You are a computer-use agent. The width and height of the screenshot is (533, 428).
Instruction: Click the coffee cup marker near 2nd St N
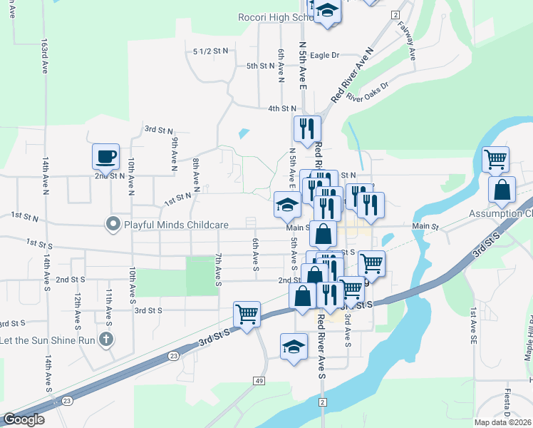coord(105,156)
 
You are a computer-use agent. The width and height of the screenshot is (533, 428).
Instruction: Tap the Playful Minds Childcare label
coord(176,225)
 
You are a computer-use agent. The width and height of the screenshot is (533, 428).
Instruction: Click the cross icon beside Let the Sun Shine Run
coord(106,340)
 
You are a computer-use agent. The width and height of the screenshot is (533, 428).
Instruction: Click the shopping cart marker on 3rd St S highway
coord(247,314)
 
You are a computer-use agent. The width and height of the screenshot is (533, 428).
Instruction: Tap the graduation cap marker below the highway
coord(294,347)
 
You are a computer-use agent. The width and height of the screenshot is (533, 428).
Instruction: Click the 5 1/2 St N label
coord(211,51)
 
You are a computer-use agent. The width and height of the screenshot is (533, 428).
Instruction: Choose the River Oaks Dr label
coord(368,93)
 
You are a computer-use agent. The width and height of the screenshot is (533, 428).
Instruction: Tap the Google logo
coord(24,419)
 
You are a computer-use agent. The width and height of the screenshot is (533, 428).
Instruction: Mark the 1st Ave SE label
coord(472,322)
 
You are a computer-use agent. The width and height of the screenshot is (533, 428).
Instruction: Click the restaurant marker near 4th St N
coord(307,128)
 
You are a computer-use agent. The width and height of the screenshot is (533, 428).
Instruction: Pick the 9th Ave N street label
coord(173,155)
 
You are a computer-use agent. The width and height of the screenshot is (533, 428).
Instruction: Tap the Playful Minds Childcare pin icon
coord(112,225)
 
